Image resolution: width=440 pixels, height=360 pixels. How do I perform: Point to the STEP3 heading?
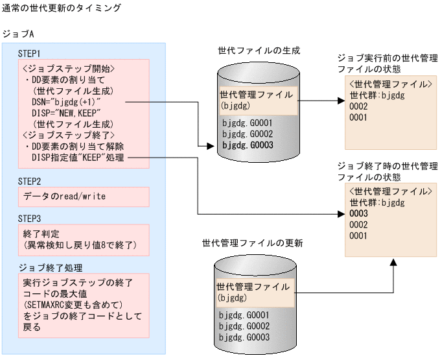29,219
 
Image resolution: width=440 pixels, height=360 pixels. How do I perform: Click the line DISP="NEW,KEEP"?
67,113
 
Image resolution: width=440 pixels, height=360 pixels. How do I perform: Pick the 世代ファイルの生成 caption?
259,51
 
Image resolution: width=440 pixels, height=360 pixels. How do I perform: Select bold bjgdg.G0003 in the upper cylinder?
246,146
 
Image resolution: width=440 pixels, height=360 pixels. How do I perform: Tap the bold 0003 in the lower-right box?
358,213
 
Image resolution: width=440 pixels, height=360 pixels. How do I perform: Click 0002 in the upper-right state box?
358,106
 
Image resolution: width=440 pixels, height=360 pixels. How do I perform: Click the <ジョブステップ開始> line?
69,69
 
